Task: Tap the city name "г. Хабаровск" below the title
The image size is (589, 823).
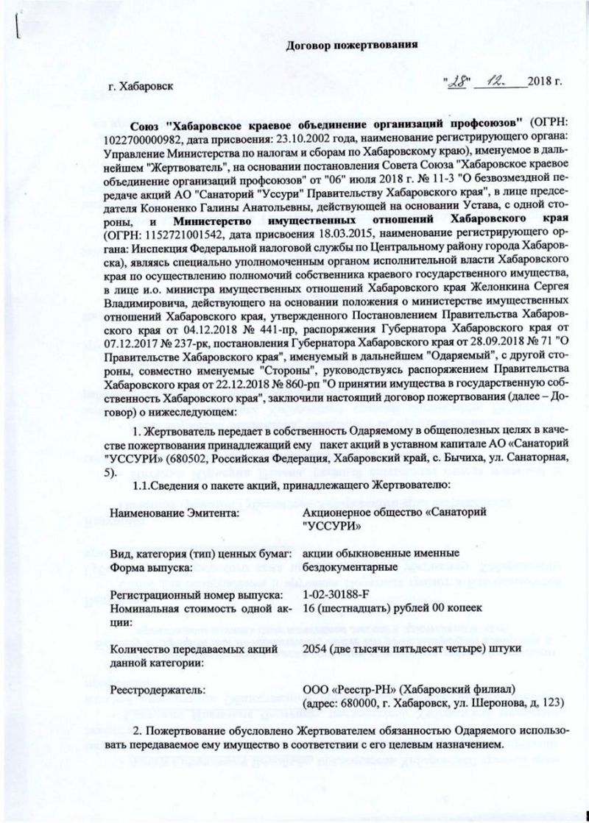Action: [141, 86]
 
